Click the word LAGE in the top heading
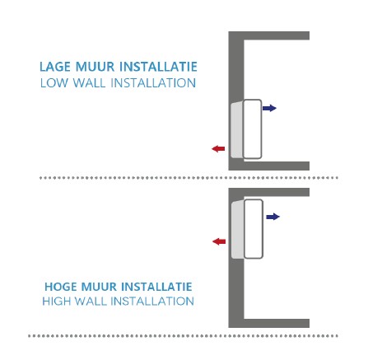coord(56,67)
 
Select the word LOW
coord(54,83)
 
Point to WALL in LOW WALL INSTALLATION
coord(89,83)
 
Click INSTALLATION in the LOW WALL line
coord(153,83)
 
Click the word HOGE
coord(60,287)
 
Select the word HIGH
coord(56,302)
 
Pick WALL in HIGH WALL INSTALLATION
coord(91,302)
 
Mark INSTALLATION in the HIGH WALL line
coord(152,302)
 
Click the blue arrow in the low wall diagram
coord(269,108)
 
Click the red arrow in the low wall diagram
coord(218,149)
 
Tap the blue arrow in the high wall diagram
coord(273,217)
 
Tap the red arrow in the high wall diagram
coord(219,241)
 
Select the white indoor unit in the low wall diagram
coord(252,129)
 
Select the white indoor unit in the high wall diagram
coord(254,229)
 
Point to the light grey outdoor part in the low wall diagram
coord(236,130)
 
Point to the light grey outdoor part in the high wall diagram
coord(237,230)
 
